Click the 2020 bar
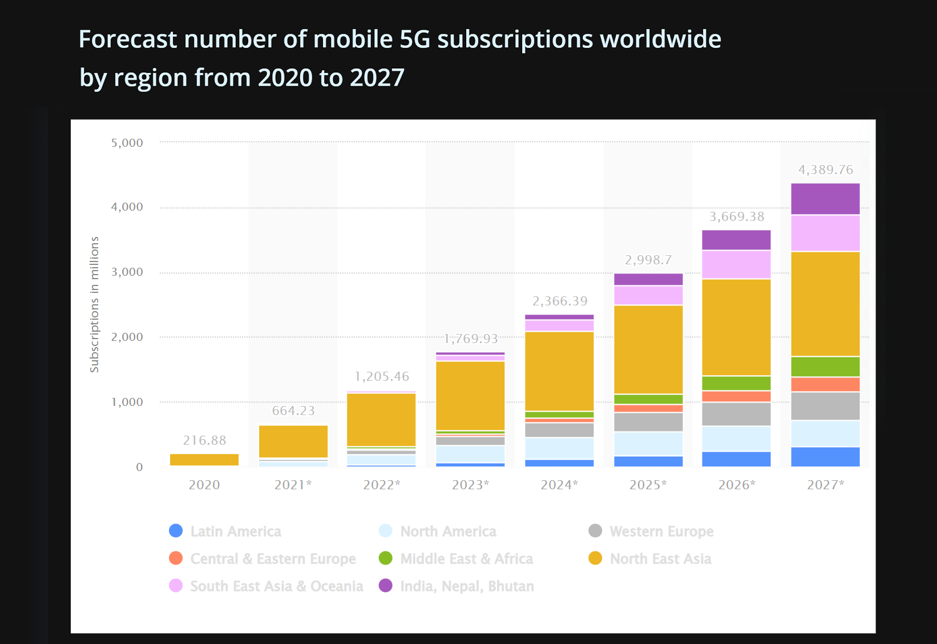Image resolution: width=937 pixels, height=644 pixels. click(204, 460)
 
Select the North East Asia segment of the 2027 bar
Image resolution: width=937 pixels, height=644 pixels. click(825, 304)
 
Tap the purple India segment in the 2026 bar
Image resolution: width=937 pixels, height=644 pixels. click(736, 240)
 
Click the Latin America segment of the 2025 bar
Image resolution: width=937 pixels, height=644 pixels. click(648, 461)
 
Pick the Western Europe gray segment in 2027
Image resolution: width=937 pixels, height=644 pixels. click(825, 406)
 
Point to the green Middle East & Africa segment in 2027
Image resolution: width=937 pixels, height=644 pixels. click(825, 367)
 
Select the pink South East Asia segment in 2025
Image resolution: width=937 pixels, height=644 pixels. click(648, 295)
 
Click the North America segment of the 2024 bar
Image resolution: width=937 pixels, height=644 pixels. click(559, 448)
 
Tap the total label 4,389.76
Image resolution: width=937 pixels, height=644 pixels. click(825, 170)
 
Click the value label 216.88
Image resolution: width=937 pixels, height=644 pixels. click(204, 440)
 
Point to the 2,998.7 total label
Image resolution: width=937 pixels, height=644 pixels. click(648, 260)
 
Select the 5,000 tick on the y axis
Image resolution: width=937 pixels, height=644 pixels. click(127, 143)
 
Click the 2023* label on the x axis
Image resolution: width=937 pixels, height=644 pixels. click(470, 485)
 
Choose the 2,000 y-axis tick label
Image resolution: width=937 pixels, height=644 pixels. click(127, 337)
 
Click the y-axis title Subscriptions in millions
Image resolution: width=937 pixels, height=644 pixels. click(95, 304)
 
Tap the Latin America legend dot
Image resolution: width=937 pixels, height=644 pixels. click(176, 531)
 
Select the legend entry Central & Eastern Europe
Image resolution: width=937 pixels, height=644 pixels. click(273, 558)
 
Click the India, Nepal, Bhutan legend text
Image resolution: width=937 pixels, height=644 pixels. click(467, 586)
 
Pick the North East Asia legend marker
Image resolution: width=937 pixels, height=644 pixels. click(595, 558)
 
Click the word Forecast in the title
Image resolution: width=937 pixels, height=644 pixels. click(128, 39)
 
